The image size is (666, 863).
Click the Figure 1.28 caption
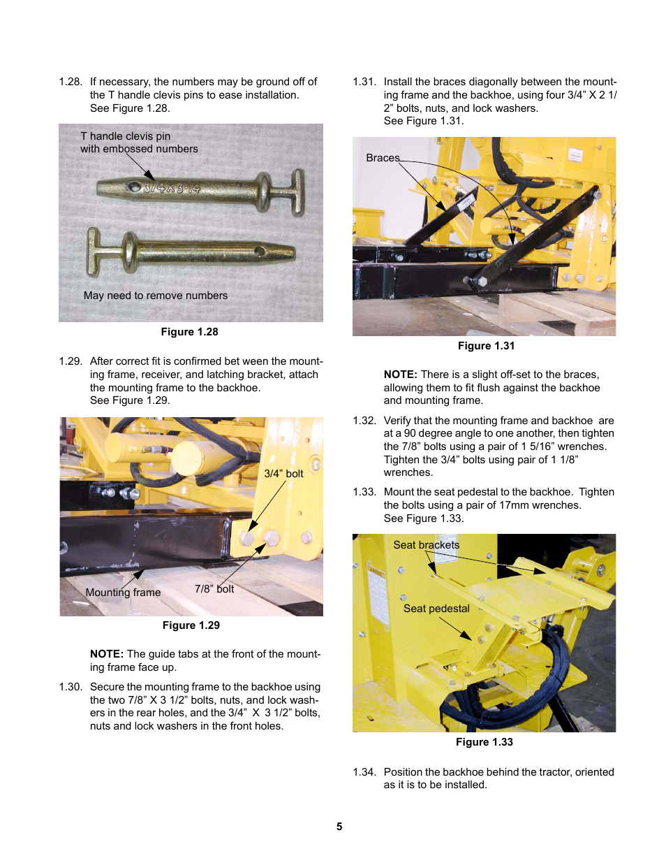pyautogui.click(x=189, y=332)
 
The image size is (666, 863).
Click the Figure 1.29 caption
pyautogui.click(x=191, y=625)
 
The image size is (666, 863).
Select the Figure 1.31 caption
pyautogui.click(x=486, y=346)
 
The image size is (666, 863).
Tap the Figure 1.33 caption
pyautogui.click(x=484, y=742)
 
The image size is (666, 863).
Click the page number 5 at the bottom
pyautogui.click(x=339, y=827)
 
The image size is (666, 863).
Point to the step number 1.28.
pyautogui.click(x=71, y=82)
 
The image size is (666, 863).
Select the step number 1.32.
pyautogui.click(x=364, y=421)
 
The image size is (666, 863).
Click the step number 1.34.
pyautogui.click(x=364, y=772)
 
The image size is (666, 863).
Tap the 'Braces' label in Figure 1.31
pyautogui.click(x=383, y=158)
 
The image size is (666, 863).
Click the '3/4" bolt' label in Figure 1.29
pyautogui.click(x=283, y=474)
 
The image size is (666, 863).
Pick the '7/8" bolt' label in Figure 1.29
pyautogui.click(x=214, y=589)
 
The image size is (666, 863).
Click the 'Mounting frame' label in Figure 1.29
pyautogui.click(x=123, y=593)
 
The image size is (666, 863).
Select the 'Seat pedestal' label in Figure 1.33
pyautogui.click(x=436, y=609)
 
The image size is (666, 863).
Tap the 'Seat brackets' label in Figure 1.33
pyautogui.click(x=426, y=545)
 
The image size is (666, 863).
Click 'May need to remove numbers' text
pyautogui.click(x=156, y=296)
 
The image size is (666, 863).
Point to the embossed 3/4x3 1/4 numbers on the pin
pyautogui.click(x=171, y=188)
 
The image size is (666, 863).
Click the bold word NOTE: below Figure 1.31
pyautogui.click(x=400, y=375)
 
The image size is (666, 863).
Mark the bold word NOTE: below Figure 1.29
pyautogui.click(x=107, y=654)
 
